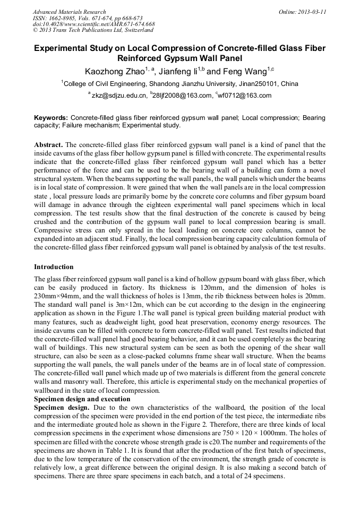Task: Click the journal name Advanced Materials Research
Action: pos(69,12)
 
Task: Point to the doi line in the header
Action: pos(93,24)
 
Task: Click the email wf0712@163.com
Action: pos(245,96)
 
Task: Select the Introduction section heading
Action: pos(54,266)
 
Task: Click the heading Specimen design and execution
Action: pos(82,399)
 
